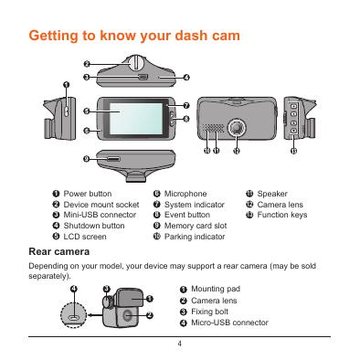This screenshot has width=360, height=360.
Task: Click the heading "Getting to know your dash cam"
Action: tap(134, 36)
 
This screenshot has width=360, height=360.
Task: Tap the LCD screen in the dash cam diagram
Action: tap(136, 119)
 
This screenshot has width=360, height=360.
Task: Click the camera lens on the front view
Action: tap(237, 127)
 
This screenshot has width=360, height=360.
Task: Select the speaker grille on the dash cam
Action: tap(213, 128)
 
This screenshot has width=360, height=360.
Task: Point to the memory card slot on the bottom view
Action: tap(112, 159)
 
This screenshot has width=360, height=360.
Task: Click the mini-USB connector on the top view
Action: tap(143, 77)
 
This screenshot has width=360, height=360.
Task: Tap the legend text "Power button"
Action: tap(88, 194)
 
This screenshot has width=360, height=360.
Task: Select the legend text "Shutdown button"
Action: tap(94, 226)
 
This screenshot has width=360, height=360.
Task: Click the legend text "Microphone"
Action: tap(185, 194)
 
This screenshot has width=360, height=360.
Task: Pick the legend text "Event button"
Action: tap(187, 215)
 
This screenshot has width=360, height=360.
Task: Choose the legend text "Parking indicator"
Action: tap(195, 237)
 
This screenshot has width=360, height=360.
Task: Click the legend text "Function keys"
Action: tap(282, 215)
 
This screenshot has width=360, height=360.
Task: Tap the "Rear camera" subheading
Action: tap(59, 252)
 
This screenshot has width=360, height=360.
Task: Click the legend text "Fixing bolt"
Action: tap(209, 312)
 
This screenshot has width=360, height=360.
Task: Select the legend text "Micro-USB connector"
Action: tap(229, 323)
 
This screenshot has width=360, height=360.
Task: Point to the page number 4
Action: tap(180, 344)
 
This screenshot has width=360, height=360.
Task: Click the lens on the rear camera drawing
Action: tap(127, 315)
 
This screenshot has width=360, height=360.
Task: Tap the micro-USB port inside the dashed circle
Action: tap(73, 317)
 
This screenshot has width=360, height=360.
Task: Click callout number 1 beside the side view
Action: tap(67, 85)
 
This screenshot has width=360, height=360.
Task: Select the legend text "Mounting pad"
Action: tap(216, 289)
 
